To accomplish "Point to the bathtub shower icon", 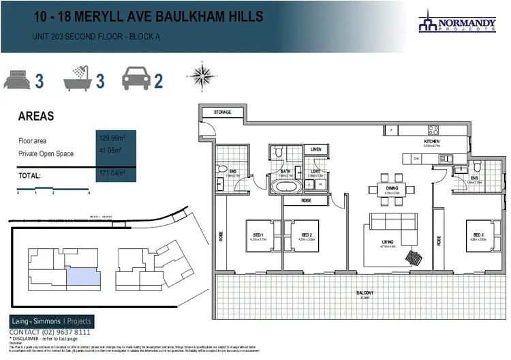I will (x=76, y=79).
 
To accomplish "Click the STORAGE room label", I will (x=223, y=112).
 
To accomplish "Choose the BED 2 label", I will (x=306, y=236).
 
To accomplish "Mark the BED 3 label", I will (x=474, y=236).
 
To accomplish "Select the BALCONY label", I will (x=364, y=293).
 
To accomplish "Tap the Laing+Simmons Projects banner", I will (x=51, y=321).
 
